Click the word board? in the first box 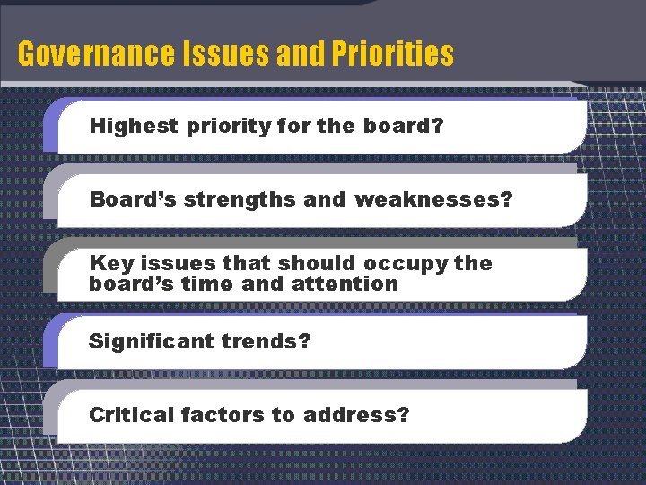[x=404, y=126]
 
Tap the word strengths [x=240, y=199]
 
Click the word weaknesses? [x=433, y=199]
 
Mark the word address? [x=356, y=415]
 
